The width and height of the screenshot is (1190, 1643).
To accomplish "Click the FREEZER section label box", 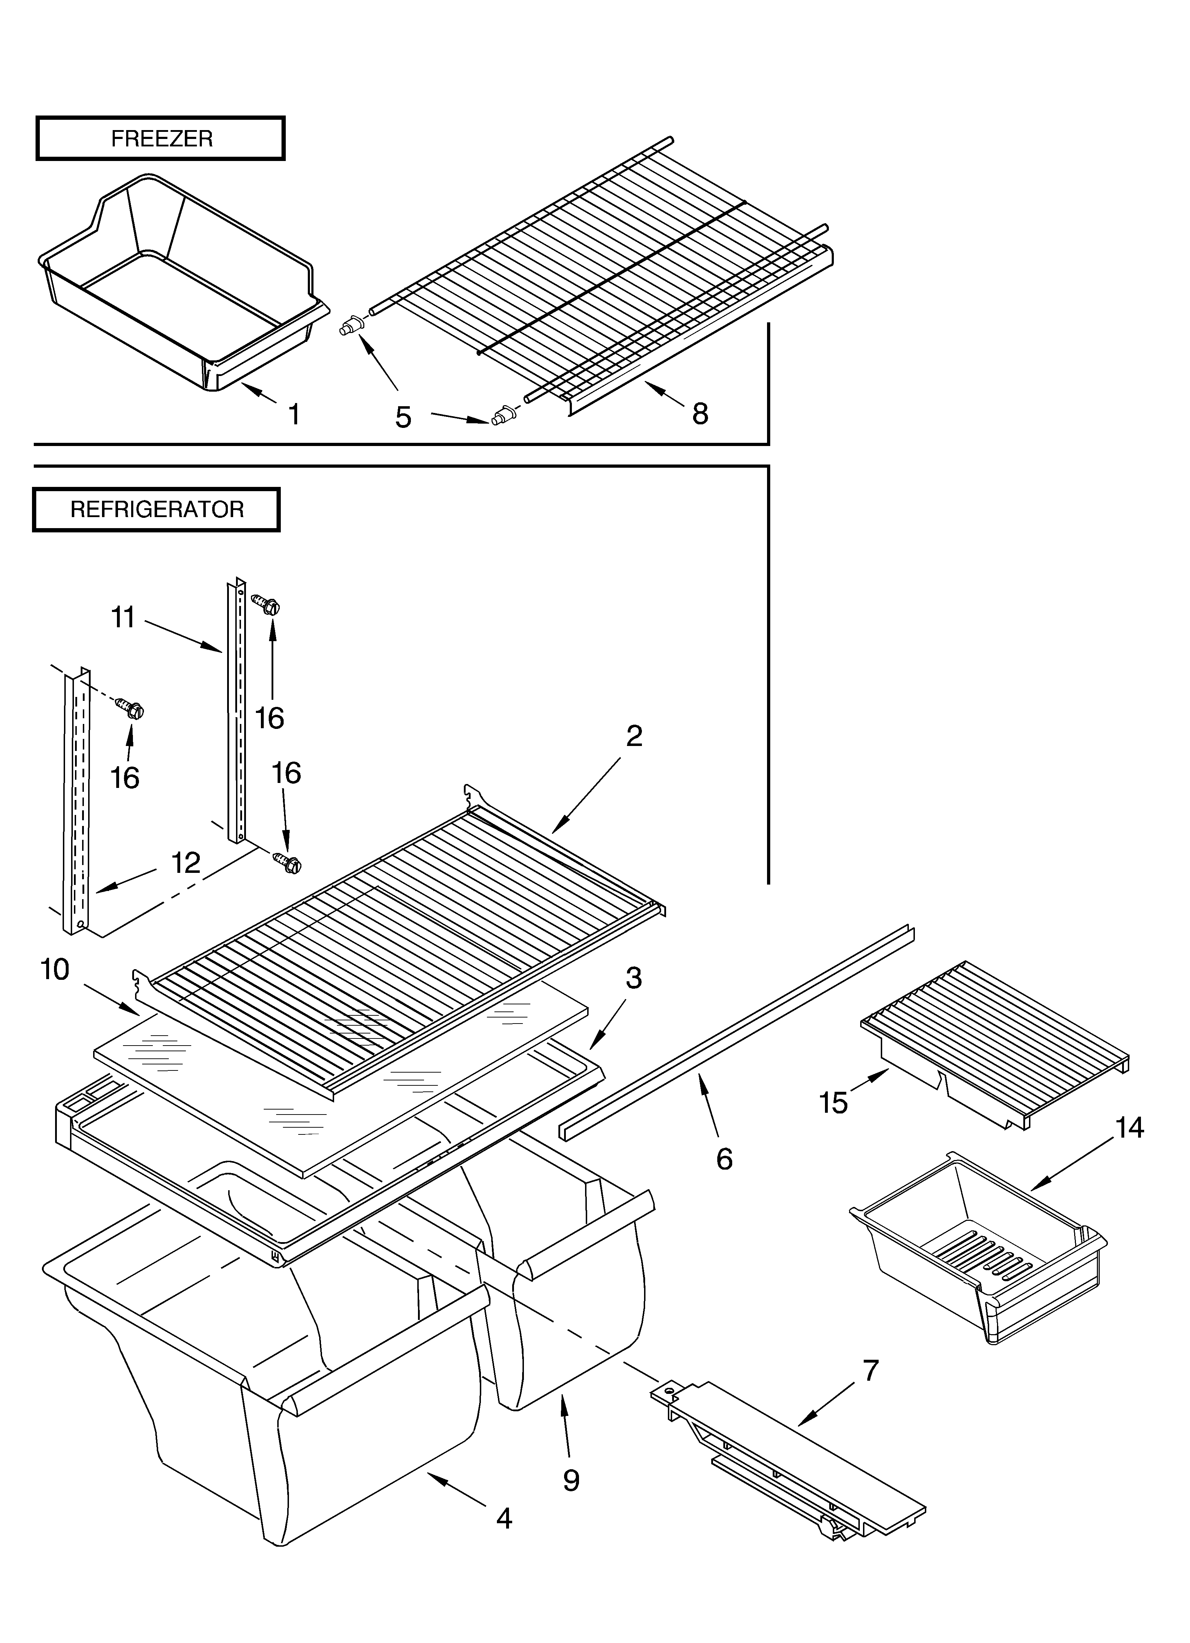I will coord(160,138).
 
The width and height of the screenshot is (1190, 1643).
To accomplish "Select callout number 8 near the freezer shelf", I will coord(699,413).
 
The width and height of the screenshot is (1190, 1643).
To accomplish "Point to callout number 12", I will coord(186,863).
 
